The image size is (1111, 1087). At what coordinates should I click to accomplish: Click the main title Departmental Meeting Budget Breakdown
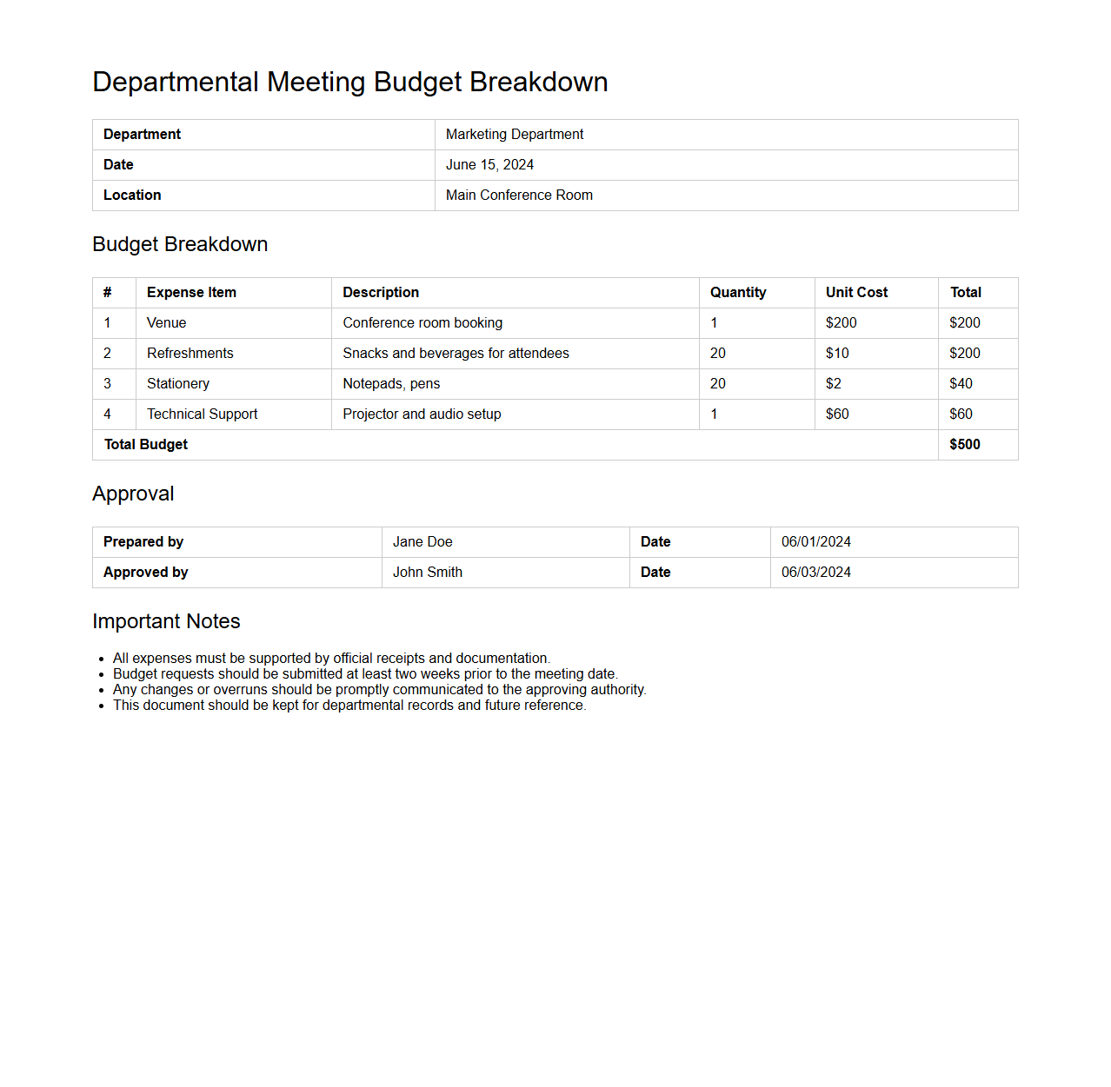tap(349, 82)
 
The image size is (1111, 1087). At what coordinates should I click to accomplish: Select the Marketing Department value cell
tap(514, 135)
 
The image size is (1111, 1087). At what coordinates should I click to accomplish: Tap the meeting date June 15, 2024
tap(489, 165)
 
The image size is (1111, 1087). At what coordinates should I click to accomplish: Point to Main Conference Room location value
tap(519, 196)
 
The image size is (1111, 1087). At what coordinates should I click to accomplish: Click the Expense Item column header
tap(191, 293)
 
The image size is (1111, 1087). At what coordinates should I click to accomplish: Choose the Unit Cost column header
tap(856, 293)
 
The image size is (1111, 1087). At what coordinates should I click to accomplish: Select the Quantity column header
tap(738, 293)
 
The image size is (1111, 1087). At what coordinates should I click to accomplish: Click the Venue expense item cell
tap(166, 323)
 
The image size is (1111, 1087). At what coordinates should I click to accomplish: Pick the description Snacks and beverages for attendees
tap(456, 354)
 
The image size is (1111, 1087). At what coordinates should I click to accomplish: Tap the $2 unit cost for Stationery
tap(833, 384)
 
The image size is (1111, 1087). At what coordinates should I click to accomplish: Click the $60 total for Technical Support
tap(961, 414)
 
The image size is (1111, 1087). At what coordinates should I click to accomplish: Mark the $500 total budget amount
tap(964, 445)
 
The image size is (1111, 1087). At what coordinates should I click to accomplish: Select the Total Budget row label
tap(146, 445)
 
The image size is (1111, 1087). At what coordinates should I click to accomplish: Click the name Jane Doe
tap(422, 542)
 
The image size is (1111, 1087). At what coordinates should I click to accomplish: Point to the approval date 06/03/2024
tap(815, 573)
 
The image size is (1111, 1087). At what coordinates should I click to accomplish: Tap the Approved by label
tap(145, 573)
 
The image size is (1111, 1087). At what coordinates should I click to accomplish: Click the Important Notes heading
tap(166, 621)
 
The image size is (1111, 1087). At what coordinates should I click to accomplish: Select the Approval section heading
tap(133, 494)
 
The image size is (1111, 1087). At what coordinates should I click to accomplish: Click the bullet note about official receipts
tap(331, 659)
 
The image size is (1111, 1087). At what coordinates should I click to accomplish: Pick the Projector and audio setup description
tap(422, 414)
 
